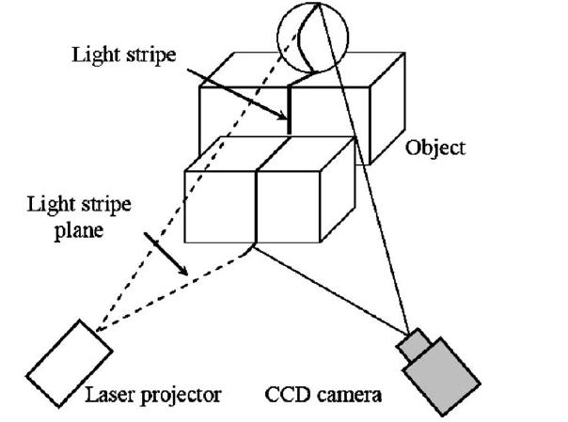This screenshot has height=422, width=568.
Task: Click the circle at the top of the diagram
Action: coord(312,37)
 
